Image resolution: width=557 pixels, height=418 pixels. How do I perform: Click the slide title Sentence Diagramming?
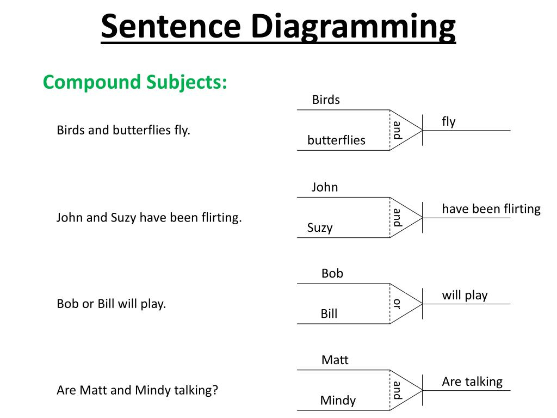click(278, 27)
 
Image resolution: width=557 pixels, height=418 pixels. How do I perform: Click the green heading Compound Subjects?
click(135, 82)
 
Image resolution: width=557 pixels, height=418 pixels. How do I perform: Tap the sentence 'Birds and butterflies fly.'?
click(123, 131)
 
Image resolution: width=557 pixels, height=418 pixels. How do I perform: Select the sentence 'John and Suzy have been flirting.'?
click(149, 218)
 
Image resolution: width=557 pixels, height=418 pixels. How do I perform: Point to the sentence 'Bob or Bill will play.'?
click(112, 304)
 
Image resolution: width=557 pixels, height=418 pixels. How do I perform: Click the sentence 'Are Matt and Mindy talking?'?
click(137, 390)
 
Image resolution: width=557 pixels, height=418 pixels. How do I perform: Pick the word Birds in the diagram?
click(326, 100)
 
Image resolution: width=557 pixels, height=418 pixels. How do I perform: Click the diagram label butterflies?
click(336, 140)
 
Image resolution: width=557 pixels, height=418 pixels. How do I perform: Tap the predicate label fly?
click(449, 121)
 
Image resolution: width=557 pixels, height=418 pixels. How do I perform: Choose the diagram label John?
click(325, 187)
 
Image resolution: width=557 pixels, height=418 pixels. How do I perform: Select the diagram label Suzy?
click(320, 228)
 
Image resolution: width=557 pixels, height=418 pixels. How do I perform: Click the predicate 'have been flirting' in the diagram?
click(491, 208)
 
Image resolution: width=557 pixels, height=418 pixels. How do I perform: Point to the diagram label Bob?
click(332, 273)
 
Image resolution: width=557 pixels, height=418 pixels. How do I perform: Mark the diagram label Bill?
click(329, 314)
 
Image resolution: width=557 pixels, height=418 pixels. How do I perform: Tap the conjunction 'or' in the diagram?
click(397, 304)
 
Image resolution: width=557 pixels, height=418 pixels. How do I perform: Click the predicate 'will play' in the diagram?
click(465, 295)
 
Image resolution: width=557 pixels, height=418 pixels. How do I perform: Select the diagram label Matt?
click(335, 360)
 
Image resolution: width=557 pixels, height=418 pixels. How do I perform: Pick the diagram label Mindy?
click(338, 401)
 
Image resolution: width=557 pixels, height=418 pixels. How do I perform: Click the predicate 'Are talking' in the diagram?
click(472, 382)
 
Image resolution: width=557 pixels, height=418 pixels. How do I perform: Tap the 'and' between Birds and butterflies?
click(397, 130)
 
